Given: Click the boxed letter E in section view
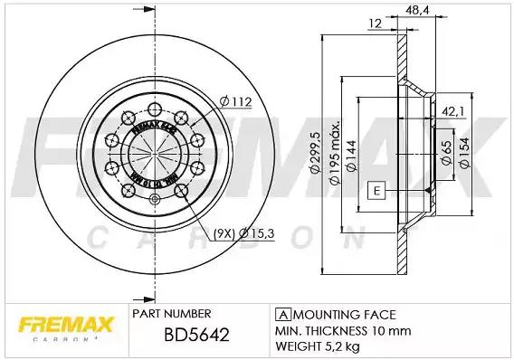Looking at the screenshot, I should click(x=375, y=191).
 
